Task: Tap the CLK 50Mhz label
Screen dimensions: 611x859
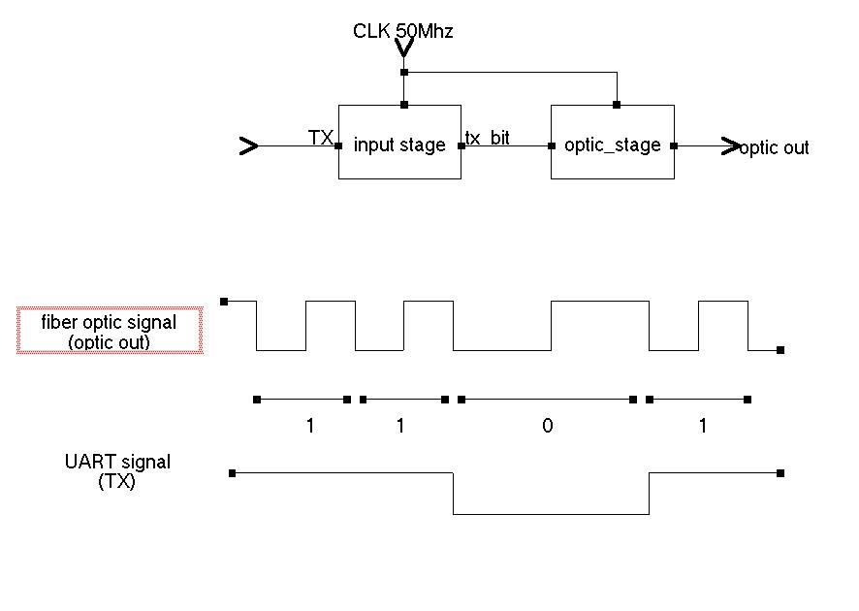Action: [403, 31]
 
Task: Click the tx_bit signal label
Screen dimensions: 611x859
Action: [488, 138]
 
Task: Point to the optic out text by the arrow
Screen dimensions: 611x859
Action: [775, 147]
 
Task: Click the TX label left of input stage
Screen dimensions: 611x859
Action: [320, 138]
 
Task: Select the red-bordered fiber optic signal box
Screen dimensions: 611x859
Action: [110, 331]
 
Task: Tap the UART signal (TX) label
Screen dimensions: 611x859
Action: [117, 471]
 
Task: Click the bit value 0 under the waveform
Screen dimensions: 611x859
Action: [548, 427]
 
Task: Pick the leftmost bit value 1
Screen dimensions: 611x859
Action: [310, 427]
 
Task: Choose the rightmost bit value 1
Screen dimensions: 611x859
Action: [703, 427]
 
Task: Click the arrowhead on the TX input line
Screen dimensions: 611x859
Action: [249, 146]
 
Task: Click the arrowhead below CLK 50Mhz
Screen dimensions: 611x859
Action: [404, 48]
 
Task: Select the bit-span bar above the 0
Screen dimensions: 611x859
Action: [548, 399]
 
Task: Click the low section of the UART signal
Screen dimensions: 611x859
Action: [551, 513]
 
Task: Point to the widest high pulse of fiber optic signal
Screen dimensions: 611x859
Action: [599, 303]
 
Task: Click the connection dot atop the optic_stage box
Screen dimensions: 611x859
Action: [616, 105]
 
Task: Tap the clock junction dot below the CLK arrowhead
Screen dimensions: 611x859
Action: [404, 72]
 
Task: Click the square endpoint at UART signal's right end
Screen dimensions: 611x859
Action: [780, 473]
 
